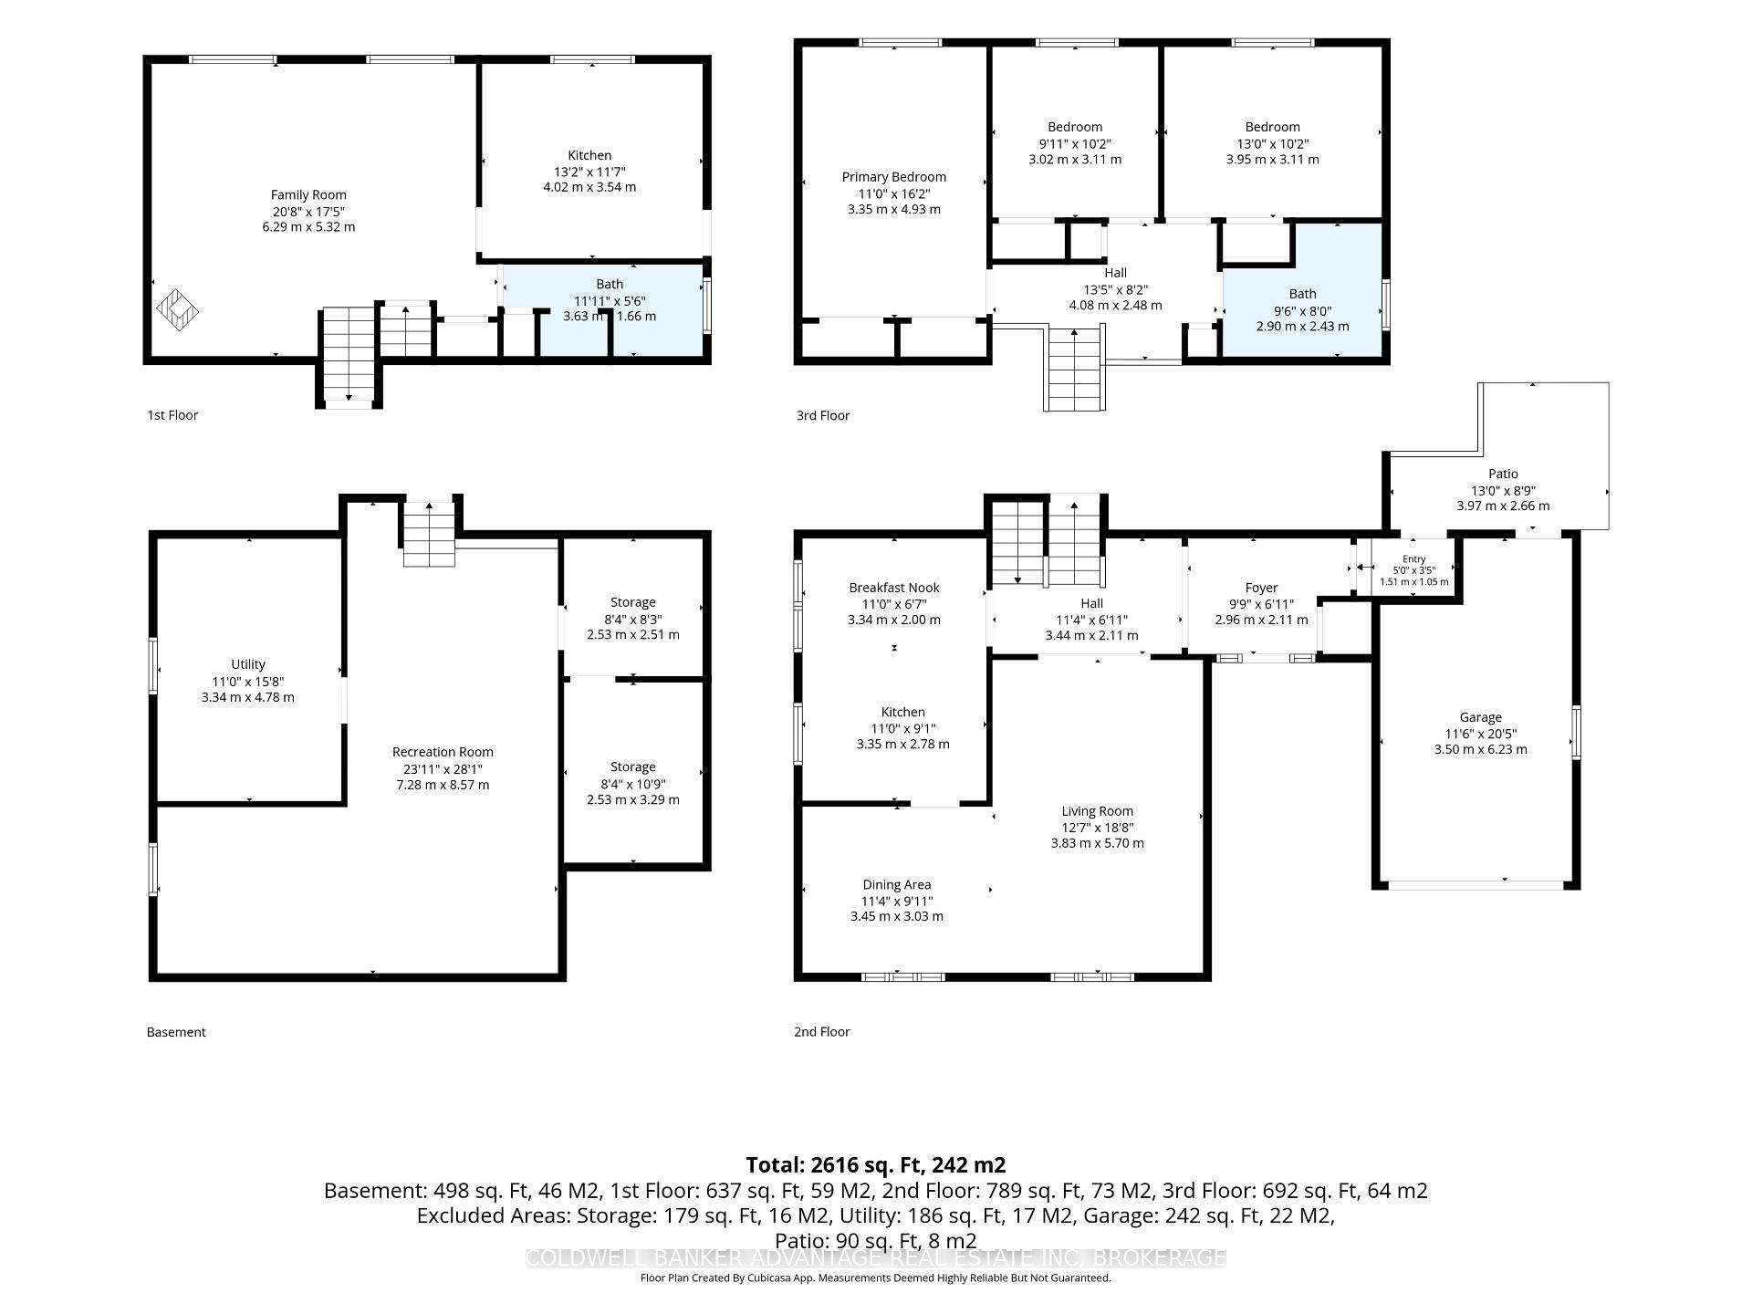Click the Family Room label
click(x=308, y=194)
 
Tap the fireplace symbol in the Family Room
click(x=178, y=308)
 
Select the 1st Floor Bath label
click(x=610, y=284)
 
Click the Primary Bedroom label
click(x=893, y=177)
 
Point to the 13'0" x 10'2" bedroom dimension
click(x=1272, y=143)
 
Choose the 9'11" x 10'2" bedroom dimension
click(x=1075, y=143)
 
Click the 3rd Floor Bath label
click(x=1302, y=294)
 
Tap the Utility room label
click(x=248, y=664)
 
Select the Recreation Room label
click(x=443, y=752)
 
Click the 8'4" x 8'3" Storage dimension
click(x=632, y=619)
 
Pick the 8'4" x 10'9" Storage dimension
click(x=632, y=784)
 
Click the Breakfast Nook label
click(x=893, y=588)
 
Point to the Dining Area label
click(x=897, y=884)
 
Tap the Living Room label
click(x=1097, y=811)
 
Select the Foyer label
click(x=1261, y=588)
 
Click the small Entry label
click(x=1413, y=559)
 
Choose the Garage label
click(x=1480, y=717)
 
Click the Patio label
click(x=1503, y=474)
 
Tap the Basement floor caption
click(x=176, y=1032)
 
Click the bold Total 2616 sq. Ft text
click(x=876, y=1164)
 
